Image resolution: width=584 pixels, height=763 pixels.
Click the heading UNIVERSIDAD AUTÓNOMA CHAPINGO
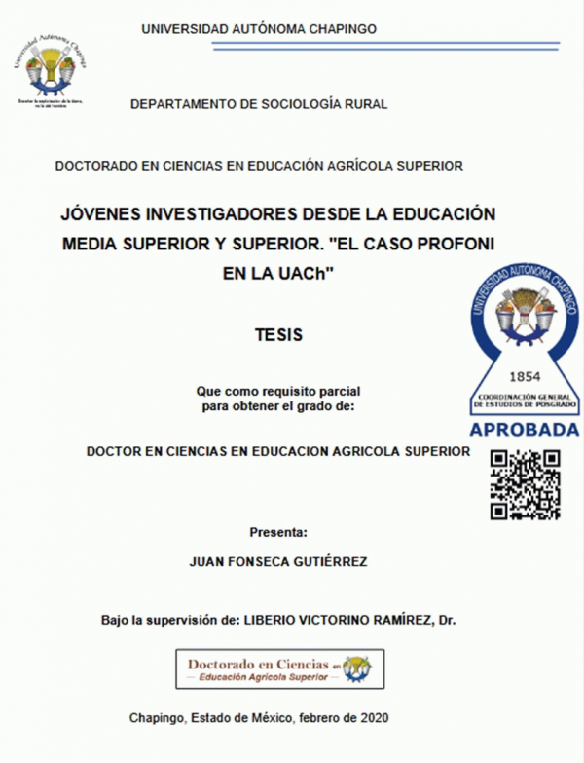[x=259, y=29]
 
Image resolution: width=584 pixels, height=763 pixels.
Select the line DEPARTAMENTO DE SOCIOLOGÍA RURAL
[x=259, y=102]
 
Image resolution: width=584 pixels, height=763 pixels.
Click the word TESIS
[x=278, y=334]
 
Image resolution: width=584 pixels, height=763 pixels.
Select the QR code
[x=525, y=484]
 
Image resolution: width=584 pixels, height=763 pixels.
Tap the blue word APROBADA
[x=525, y=430]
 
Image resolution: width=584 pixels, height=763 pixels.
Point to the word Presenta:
[x=278, y=532]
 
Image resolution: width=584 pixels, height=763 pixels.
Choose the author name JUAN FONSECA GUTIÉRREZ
[x=278, y=562]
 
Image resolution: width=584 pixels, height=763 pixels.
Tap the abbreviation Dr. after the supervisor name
[x=447, y=620]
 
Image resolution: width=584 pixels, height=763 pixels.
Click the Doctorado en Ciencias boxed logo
[x=278, y=668]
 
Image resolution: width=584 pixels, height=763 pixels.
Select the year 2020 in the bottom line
[x=373, y=717]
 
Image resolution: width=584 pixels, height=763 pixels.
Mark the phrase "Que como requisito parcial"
[x=278, y=392]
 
